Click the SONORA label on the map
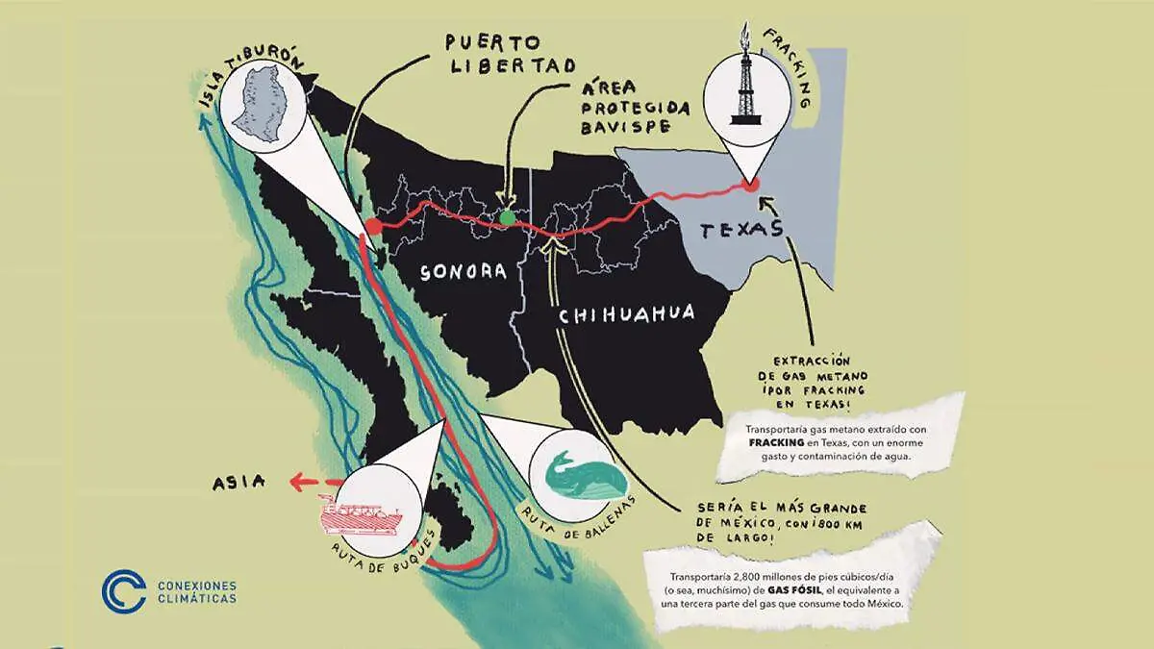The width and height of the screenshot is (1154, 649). [464, 272]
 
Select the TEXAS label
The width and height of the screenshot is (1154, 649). [738, 231]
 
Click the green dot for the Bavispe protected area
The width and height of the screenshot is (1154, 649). [507, 218]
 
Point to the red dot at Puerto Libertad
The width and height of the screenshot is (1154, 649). [373, 227]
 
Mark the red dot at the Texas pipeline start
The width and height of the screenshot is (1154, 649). [752, 184]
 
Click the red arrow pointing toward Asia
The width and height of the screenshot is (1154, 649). [313, 481]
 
